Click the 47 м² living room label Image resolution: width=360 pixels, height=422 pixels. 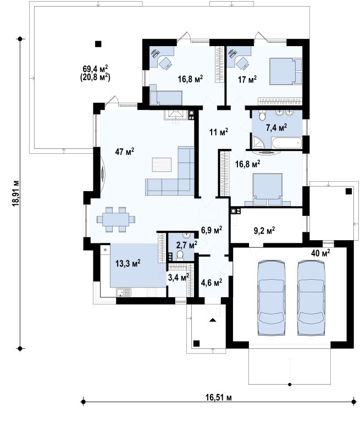click(124, 152)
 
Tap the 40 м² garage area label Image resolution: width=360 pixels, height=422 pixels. click(320, 253)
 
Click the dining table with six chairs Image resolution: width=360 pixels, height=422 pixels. click(116, 219)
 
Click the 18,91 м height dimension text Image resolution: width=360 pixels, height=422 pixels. click(16, 193)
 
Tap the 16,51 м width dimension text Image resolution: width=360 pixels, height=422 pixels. click(219, 397)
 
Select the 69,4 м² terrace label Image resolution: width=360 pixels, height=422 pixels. click(95, 69)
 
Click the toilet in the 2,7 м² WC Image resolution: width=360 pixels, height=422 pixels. click(180, 256)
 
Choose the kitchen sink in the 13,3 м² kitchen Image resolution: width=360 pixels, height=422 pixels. click(124, 292)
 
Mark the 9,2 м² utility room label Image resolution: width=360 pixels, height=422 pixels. click(264, 230)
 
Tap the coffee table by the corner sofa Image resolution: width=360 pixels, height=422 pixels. click(162, 165)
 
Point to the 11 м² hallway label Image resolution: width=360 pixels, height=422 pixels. click(219, 132)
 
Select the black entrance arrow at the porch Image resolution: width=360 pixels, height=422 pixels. click(213, 320)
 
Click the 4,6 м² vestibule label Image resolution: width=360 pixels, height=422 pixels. click(212, 282)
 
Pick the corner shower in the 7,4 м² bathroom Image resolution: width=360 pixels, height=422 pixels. click(258, 143)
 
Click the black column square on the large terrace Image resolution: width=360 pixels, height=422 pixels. click(98, 44)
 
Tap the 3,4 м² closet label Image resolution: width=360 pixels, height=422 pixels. click(178, 277)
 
